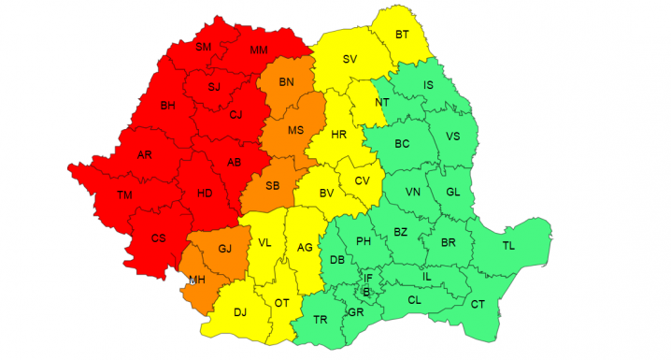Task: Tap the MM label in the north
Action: pos(259,50)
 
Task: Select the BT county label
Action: pos(403,35)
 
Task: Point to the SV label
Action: pos(350,60)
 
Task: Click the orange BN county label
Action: pos(286,83)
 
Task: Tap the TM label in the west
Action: pos(124,195)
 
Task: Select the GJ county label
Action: pos(224,249)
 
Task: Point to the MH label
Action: pos(197,280)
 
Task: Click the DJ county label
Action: pos(240,313)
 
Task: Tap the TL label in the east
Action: pos(508,246)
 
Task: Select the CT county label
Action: pos(478,304)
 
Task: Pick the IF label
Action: pos(368,278)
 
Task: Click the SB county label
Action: pos(273,185)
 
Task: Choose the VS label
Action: pos(453,137)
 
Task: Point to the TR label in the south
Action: pos(320,320)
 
